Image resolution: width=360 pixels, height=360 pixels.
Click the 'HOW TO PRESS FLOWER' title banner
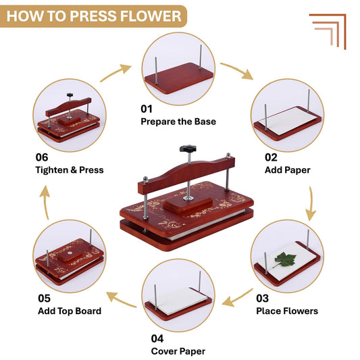[94, 15]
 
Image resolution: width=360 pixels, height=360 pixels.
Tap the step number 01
[147, 109]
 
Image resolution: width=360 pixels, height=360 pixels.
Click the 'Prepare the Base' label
[178, 122]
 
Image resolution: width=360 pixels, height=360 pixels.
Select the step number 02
[271, 157]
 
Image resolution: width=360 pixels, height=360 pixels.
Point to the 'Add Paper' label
[287, 170]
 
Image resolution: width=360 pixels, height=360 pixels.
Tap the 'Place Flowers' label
[286, 311]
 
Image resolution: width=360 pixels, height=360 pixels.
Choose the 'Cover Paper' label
[178, 351]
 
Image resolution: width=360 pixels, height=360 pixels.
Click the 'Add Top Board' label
[69, 311]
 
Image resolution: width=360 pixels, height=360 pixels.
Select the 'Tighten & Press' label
[70, 170]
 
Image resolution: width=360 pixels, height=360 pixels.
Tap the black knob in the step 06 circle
[69, 96]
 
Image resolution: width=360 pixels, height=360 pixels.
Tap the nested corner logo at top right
[328, 30]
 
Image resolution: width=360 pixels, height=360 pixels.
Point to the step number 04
[157, 338]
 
